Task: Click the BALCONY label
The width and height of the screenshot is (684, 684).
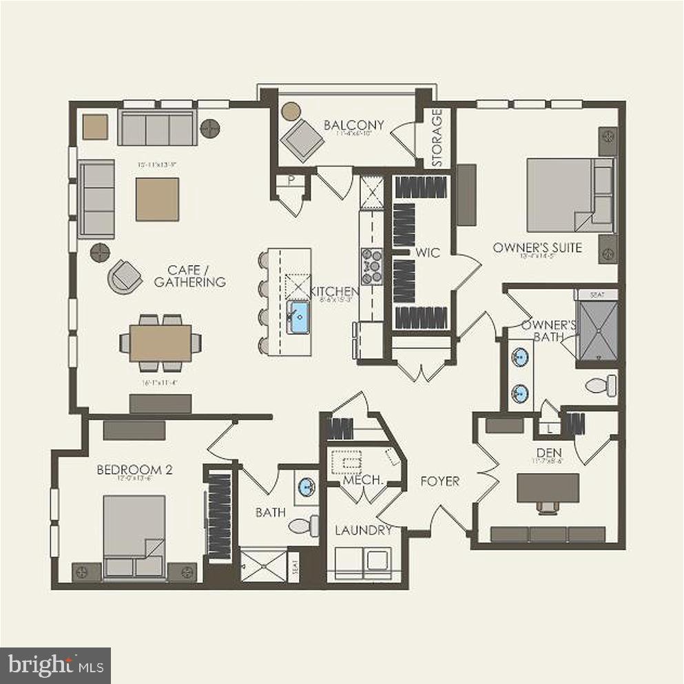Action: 353,125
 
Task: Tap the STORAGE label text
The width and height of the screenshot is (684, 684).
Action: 437,137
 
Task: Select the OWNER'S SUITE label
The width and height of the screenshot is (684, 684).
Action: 537,248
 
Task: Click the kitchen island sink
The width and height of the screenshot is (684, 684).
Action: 299,318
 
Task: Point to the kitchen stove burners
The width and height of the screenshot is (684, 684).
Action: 372,265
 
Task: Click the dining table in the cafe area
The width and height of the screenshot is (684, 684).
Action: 160,342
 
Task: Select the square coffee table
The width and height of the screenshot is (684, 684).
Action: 157,199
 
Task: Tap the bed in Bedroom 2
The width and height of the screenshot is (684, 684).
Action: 134,530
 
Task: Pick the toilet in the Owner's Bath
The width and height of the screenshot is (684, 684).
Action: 601,384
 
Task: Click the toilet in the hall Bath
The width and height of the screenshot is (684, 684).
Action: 303,526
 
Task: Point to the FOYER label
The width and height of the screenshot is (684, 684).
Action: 439,481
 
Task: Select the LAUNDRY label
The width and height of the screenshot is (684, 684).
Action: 363,530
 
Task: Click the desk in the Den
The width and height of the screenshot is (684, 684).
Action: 548,488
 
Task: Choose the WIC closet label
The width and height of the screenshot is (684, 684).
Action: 427,253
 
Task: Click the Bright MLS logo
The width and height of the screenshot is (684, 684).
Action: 55,665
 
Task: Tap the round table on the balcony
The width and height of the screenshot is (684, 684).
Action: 291,110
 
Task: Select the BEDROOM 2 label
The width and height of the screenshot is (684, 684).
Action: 134,470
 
